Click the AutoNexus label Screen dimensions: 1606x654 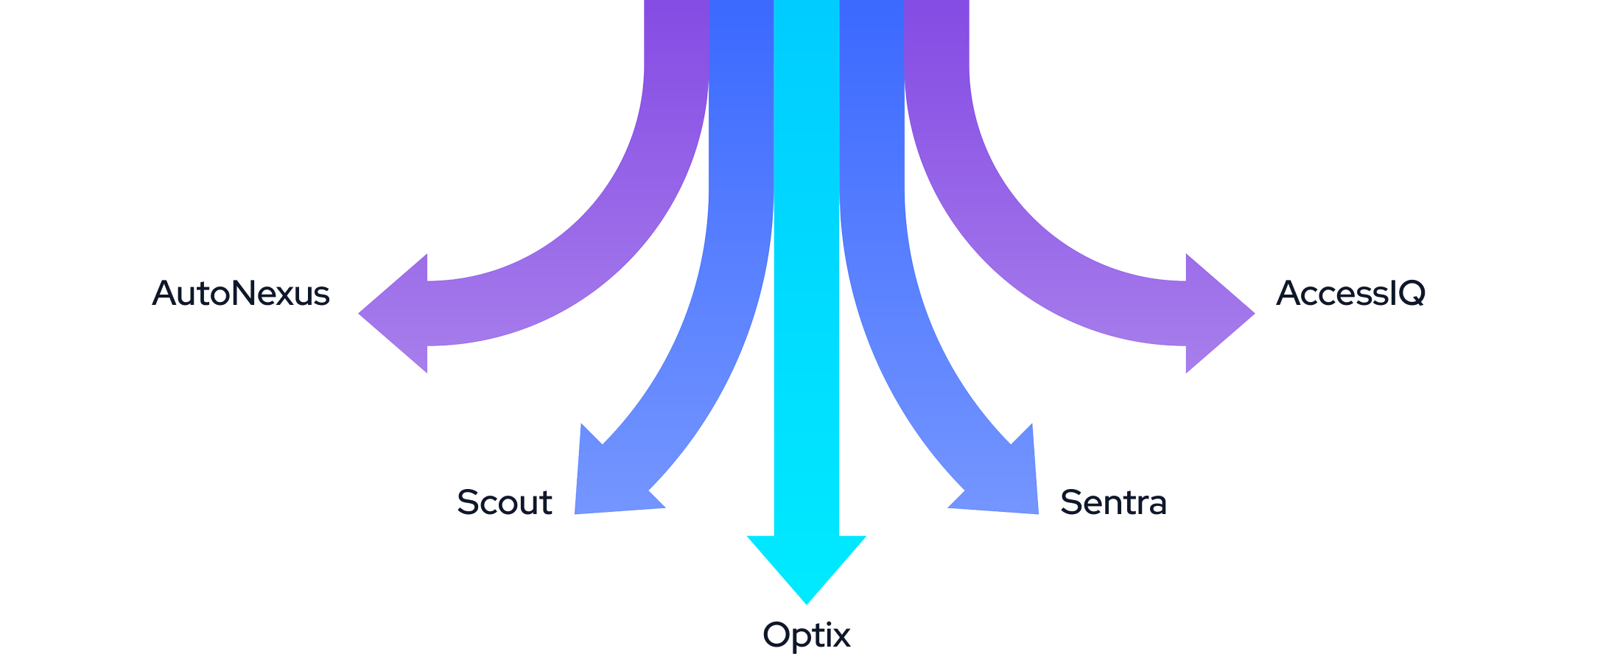click(240, 293)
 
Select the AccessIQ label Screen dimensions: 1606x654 click(1350, 293)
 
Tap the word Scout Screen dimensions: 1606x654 click(505, 502)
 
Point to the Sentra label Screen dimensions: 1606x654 click(1113, 502)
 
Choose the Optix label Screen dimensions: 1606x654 click(806, 635)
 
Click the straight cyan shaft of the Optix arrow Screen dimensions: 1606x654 click(806, 295)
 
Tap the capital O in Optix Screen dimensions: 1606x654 click(776, 635)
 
